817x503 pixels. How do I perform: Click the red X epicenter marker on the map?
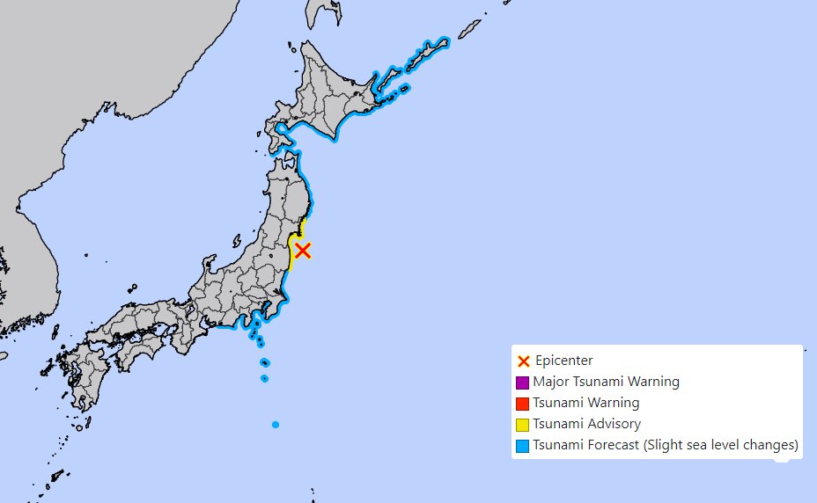point(302,251)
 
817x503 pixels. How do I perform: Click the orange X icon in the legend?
point(523,361)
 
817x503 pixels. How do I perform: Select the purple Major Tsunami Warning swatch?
point(522,383)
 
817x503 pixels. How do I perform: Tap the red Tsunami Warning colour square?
point(522,404)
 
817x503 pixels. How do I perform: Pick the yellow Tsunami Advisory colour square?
point(522,425)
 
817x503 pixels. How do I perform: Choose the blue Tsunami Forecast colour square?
point(522,446)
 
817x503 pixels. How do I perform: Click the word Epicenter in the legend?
point(563,361)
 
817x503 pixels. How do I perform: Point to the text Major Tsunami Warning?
point(606,382)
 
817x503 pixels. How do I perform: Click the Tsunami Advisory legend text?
point(586,424)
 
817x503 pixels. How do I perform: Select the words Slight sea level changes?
point(722,445)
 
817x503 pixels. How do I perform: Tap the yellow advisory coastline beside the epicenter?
point(291,255)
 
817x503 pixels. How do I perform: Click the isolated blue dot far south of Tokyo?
point(276,425)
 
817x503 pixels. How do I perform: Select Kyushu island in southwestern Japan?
point(84,378)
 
